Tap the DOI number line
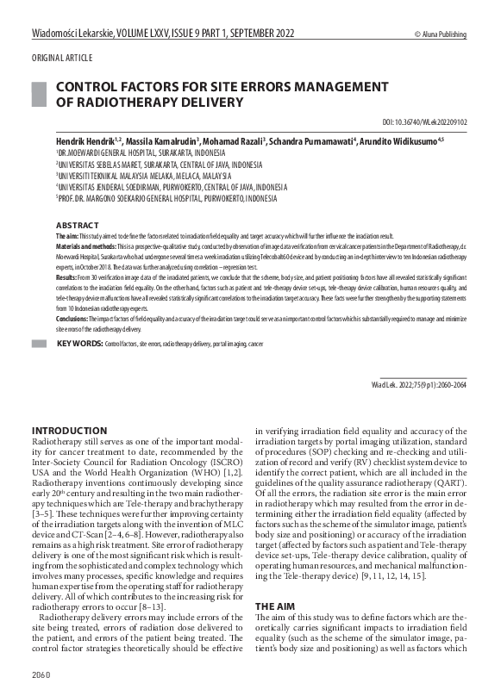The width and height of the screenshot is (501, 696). point(424,122)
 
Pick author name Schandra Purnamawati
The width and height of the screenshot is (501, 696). point(312,139)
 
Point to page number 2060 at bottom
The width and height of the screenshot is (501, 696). point(41,674)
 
